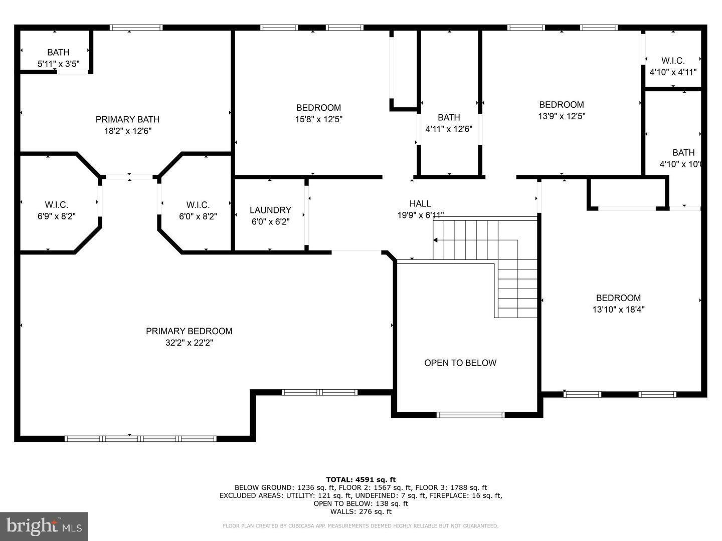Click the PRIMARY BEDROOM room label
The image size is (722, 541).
[x=189, y=331]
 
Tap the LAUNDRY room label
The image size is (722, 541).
[x=270, y=210]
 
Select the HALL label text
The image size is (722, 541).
[x=420, y=203]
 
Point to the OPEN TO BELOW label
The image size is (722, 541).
[x=460, y=363]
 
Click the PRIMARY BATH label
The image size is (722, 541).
[x=127, y=119]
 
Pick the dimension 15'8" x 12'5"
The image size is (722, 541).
[x=318, y=119]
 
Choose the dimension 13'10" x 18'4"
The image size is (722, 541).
[x=618, y=310]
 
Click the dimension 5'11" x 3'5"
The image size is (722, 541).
[x=58, y=64]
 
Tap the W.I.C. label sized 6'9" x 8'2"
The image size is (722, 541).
[x=56, y=205]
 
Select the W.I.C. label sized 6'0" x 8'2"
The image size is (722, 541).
[x=198, y=205]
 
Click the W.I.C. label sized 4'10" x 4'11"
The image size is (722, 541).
[x=673, y=61]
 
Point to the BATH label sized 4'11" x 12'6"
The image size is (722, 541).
[x=449, y=117]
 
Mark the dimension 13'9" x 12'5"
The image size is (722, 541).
[x=561, y=116]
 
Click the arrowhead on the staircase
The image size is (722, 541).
[x=435, y=240]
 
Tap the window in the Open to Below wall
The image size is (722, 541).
[x=470, y=415]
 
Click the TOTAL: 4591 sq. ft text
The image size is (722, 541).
[x=360, y=479]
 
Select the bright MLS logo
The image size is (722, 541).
[x=44, y=526]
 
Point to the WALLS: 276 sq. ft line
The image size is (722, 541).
[x=360, y=511]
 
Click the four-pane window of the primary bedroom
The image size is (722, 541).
[x=140, y=439]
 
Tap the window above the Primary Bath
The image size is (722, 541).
[x=136, y=28]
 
